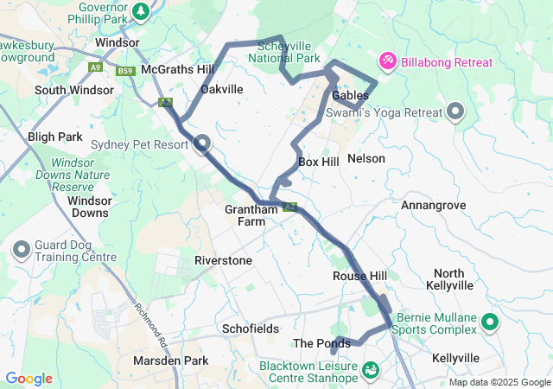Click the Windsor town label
click(118, 41)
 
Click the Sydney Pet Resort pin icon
click(202, 143)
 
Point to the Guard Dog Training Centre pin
click(22, 251)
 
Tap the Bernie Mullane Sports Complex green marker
click(490, 323)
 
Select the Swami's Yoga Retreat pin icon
click(455, 112)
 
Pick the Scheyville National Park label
click(284, 52)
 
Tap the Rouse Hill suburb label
click(359, 276)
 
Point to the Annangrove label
click(434, 205)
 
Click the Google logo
click(29, 379)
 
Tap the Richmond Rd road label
click(149, 321)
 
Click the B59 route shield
click(126, 72)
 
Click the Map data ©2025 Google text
click(499, 382)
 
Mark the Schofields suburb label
click(250, 329)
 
